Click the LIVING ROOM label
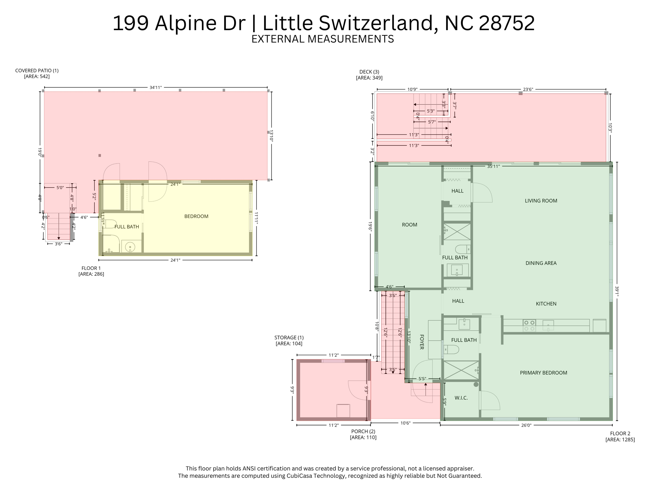pos(541,201)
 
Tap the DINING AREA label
pos(541,263)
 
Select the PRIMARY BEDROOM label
pos(543,373)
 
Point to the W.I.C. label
pos(461,398)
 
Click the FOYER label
pos(421,342)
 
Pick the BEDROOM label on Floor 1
pos(196,216)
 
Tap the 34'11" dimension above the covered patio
pos(156,87)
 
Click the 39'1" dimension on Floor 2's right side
pos(617,291)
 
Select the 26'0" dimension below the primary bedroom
pos(526,425)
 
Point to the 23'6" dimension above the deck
pos(528,89)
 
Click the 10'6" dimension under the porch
pos(405,423)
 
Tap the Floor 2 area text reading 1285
pos(620,439)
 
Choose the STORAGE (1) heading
pos(289,338)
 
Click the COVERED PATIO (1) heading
pos(37,71)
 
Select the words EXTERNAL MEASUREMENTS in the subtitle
pos(322,39)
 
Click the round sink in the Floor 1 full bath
pos(130,247)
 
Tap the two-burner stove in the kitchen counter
pos(529,326)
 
